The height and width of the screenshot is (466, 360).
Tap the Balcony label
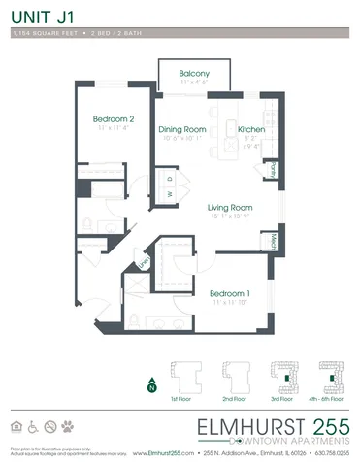pyautogui.click(x=195, y=74)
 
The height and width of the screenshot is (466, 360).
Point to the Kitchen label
pyautogui.click(x=251, y=128)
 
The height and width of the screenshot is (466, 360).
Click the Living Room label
pyautogui.click(x=231, y=207)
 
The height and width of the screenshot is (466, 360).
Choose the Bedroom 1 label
pyautogui.click(x=230, y=293)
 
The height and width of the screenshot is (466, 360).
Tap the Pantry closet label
pyautogui.click(x=274, y=169)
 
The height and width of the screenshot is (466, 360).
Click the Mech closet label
pyautogui.click(x=275, y=242)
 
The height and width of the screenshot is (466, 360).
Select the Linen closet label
pyautogui.click(x=144, y=261)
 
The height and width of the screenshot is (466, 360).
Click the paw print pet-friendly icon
pyautogui.click(x=68, y=426)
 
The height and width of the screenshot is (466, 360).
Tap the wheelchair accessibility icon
pyautogui.click(x=33, y=426)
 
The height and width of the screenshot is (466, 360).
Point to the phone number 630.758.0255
pyautogui.click(x=326, y=452)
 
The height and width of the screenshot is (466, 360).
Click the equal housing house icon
pyautogui.click(x=16, y=426)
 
